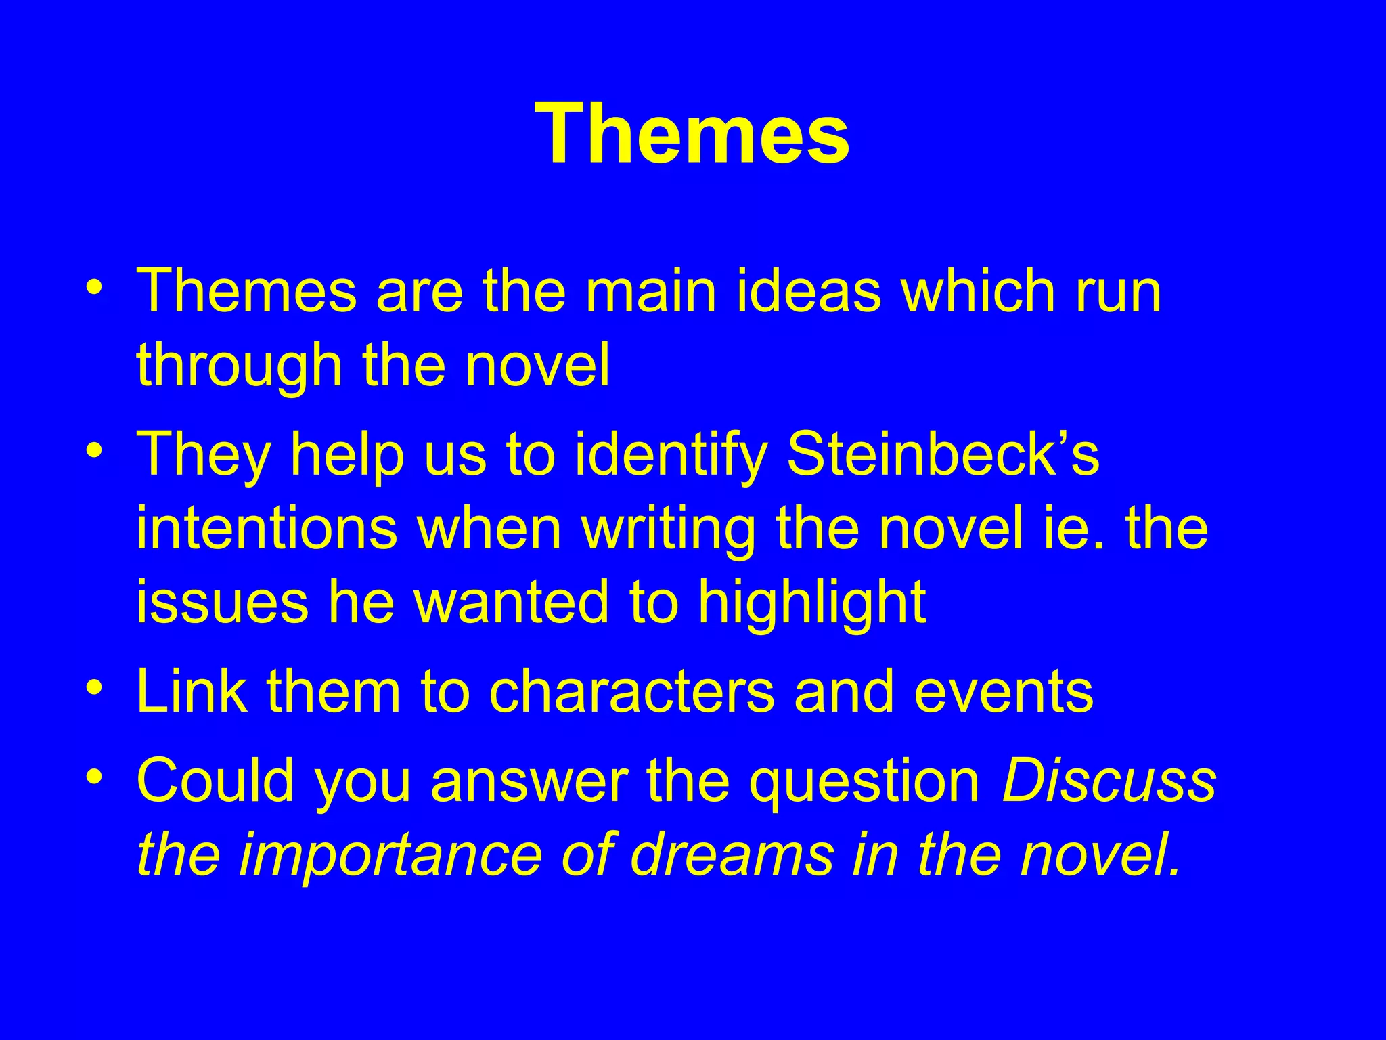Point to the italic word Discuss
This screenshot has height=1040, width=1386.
(x=1109, y=780)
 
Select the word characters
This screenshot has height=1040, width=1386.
(x=631, y=692)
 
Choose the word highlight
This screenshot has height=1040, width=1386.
(x=811, y=603)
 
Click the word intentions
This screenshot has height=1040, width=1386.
(x=267, y=528)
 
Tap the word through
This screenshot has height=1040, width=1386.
(x=240, y=366)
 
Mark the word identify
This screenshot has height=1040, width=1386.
(x=671, y=455)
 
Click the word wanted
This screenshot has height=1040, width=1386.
(x=512, y=603)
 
